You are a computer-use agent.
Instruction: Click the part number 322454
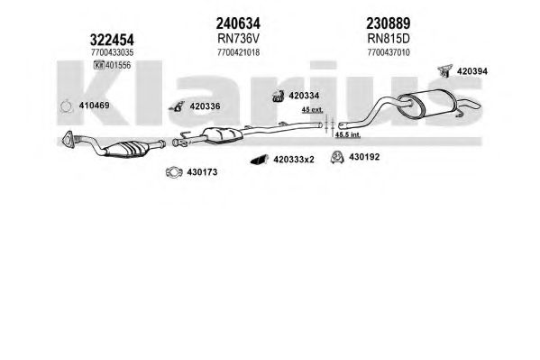tap(112, 40)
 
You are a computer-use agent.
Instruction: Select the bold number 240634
tap(238, 23)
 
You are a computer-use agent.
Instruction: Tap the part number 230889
tap(389, 23)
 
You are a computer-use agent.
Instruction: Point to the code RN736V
tap(238, 39)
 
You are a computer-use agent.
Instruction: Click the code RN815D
tap(389, 39)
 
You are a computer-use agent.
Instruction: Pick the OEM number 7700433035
tap(113, 52)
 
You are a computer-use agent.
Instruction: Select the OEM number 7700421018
tap(238, 52)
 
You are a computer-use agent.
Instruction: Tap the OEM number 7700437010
tap(389, 52)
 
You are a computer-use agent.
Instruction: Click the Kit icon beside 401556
tap(99, 65)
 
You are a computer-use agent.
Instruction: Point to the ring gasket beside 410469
tap(66, 106)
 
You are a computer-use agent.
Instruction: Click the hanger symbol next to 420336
tap(178, 106)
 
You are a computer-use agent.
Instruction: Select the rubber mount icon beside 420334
tap(278, 97)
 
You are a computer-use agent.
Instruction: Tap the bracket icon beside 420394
tap(444, 70)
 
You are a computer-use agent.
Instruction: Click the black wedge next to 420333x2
tap(260, 160)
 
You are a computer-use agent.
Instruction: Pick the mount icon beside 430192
tap(337, 157)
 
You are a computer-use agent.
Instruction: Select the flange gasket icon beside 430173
tap(174, 171)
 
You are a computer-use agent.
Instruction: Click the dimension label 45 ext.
tap(312, 110)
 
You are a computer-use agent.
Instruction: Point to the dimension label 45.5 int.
tap(348, 134)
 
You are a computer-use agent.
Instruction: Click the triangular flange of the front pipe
tap(68, 140)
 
